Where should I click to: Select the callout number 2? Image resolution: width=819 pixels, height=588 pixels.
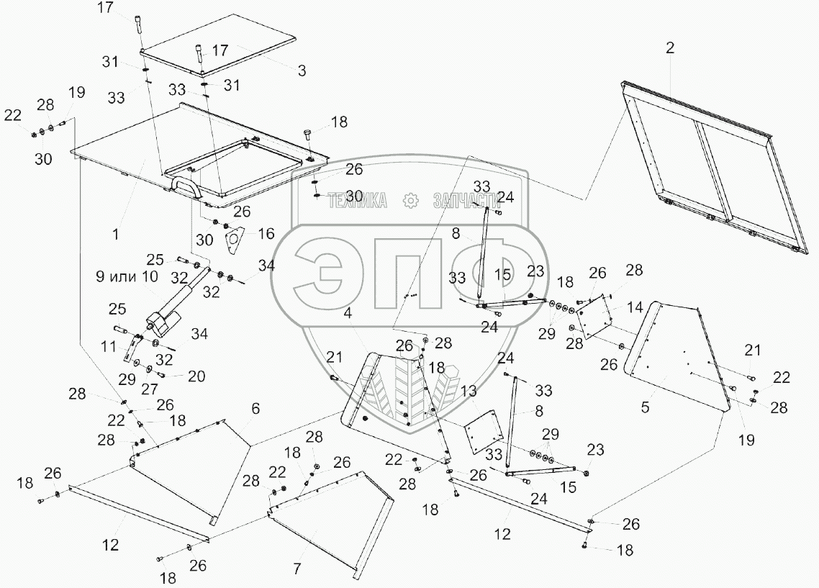[x=670, y=48]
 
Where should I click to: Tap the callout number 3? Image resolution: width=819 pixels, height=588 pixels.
[x=302, y=71]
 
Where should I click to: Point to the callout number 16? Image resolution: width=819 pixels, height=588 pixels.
[x=266, y=233]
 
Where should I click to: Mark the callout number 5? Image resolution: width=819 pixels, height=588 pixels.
[x=646, y=407]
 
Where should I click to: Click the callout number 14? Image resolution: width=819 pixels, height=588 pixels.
[x=634, y=307]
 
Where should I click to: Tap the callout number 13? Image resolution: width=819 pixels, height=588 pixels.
[x=469, y=391]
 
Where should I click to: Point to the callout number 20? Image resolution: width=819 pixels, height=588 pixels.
[x=196, y=376]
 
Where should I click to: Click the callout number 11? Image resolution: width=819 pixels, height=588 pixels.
[x=109, y=346]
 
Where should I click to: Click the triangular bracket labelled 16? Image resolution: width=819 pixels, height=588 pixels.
[x=234, y=240]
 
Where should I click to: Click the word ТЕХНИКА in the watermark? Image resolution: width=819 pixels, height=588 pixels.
[x=357, y=201]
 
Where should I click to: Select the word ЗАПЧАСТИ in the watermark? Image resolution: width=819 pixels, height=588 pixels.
[x=466, y=201]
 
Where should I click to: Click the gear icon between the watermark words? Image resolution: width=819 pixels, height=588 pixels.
[x=410, y=201]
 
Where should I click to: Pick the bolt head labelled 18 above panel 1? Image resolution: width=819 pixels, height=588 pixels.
[x=308, y=132]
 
